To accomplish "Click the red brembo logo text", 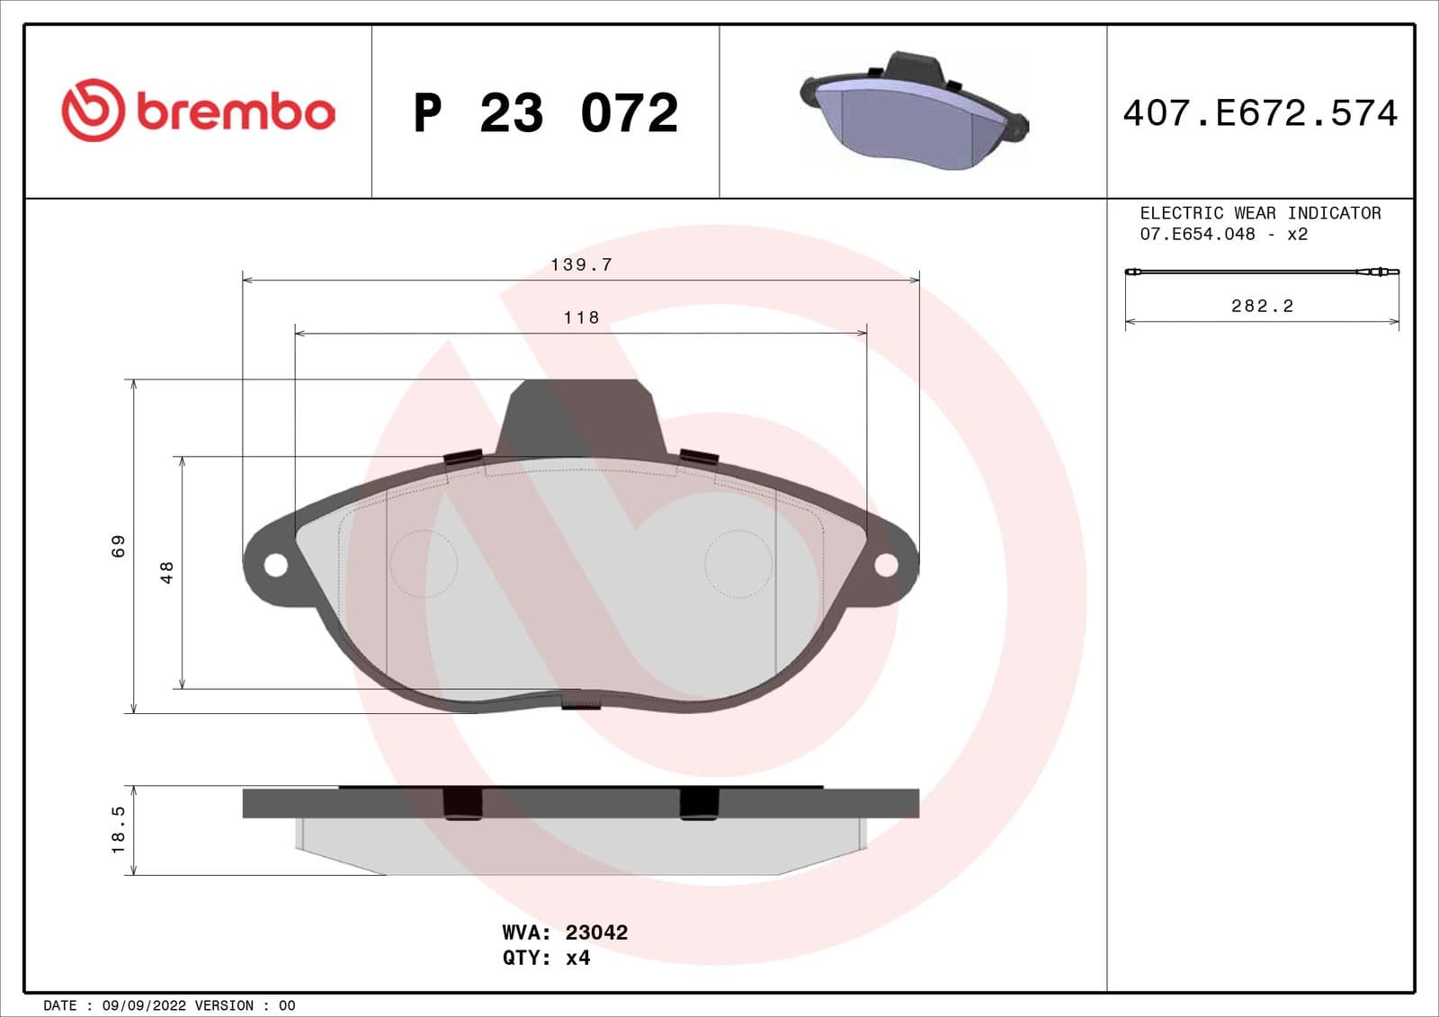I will (236, 112).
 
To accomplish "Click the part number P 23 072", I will (545, 113).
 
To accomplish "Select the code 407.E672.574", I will (1260, 113).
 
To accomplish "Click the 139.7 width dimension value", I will (581, 264).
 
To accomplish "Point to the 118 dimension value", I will (581, 317).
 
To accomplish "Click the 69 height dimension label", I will (119, 546).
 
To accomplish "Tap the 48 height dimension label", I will (166, 572).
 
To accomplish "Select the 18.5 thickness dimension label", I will (119, 829).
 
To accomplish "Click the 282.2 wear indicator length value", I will (1262, 306).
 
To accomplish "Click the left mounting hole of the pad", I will (276, 565).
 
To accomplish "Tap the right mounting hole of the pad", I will (886, 565).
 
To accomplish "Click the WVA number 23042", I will (596, 932).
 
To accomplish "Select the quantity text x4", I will (577, 958).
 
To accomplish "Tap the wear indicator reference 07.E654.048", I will (1197, 234).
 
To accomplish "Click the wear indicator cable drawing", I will (1262, 272).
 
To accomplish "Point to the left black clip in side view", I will (463, 803).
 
